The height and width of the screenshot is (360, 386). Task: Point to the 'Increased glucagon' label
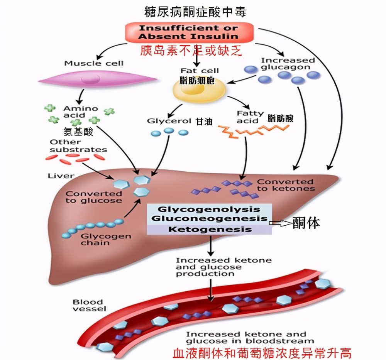(x=287, y=63)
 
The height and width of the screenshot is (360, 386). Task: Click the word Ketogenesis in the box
(x=210, y=230)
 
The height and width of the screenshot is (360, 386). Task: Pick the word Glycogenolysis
(x=210, y=210)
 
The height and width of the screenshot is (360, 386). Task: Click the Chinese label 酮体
(x=306, y=222)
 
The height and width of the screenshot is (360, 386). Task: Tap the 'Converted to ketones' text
(x=286, y=185)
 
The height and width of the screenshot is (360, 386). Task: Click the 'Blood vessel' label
(x=88, y=305)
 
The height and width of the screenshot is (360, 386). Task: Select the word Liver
(x=61, y=176)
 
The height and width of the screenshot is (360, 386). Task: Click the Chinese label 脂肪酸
(x=280, y=118)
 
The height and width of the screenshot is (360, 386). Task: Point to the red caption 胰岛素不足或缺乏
(x=191, y=51)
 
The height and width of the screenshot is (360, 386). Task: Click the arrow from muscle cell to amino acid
(x=81, y=96)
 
